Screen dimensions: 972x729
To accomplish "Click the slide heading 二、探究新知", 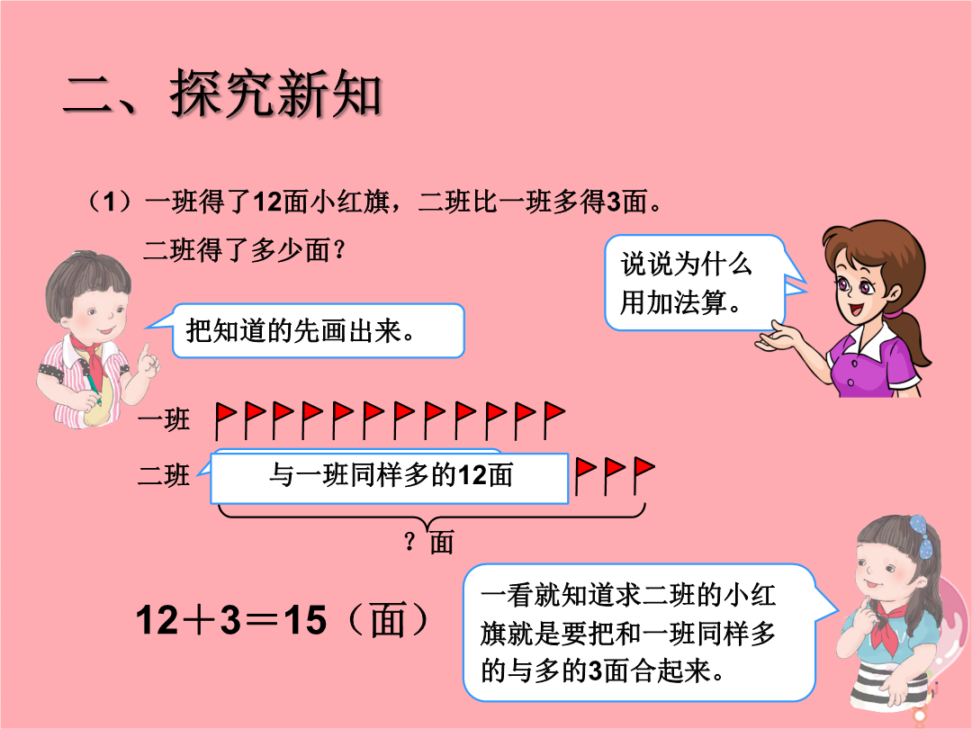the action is coord(222,94).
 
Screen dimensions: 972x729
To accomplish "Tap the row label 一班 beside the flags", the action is coord(164,419).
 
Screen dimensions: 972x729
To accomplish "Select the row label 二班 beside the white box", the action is coord(164,475).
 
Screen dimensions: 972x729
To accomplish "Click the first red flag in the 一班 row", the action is coord(225,420).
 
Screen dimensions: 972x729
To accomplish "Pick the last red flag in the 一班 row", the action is coord(553,420).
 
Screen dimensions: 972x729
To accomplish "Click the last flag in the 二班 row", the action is coord(644,475).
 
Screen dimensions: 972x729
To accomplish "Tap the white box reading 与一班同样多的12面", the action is coord(390,478).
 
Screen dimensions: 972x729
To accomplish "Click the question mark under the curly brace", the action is coord(409,542).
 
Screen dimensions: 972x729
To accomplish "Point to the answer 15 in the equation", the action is coord(305,619).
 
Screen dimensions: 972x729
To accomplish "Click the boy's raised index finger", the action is coord(146,354).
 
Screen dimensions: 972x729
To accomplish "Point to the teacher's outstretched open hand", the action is coord(776,337).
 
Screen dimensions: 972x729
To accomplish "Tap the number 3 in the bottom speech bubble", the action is coord(595,670).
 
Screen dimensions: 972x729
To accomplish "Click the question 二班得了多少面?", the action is coord(244,250).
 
